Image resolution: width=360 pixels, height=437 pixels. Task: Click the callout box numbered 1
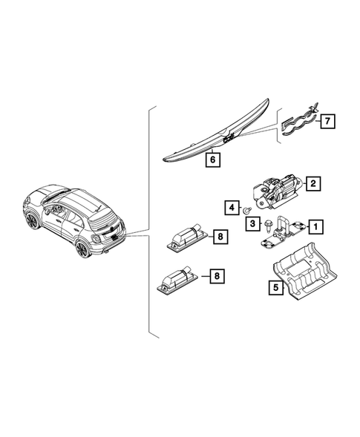[x=316, y=226]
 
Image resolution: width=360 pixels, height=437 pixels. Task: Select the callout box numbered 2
[x=313, y=183]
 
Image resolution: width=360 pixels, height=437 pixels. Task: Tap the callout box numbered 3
[x=252, y=223]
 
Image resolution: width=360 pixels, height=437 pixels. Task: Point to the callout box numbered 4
[x=232, y=206]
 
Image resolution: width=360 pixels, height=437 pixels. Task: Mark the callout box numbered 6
[x=212, y=159]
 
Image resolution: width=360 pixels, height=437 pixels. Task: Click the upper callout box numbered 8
[x=219, y=237]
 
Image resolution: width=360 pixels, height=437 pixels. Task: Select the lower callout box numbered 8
[x=216, y=276]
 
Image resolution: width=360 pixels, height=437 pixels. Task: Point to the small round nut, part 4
[x=246, y=211]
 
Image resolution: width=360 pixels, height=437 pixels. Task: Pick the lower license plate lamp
[x=178, y=280]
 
